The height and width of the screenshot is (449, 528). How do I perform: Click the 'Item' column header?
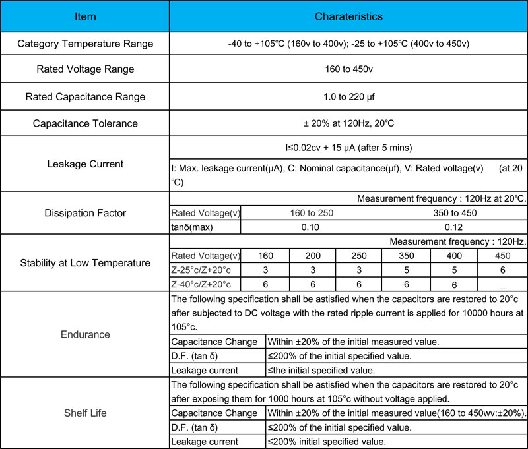point(85,16)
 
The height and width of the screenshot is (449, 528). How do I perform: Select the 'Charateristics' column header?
point(348,16)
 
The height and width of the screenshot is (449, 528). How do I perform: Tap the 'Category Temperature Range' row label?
point(85,44)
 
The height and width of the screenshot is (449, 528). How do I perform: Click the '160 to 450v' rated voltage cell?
point(348,69)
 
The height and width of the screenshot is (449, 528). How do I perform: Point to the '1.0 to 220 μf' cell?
point(348,96)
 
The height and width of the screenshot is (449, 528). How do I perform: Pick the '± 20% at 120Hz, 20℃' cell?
point(348,123)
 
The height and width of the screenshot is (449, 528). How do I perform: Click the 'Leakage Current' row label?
point(85,164)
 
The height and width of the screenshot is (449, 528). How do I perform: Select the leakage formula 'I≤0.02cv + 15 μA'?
point(348,147)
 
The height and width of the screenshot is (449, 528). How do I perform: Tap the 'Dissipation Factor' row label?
point(85,212)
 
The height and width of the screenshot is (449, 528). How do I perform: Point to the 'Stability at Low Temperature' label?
point(85,263)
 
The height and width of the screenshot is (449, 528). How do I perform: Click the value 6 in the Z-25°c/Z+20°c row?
point(502,270)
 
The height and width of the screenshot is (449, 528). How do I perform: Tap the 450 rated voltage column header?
point(502,256)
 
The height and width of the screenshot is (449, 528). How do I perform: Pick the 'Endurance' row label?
point(85,334)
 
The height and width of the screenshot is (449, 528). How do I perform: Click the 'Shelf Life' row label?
point(85,413)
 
